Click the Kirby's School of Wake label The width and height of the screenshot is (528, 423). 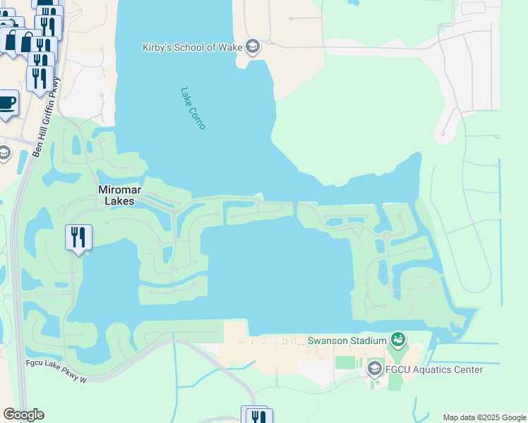(191, 47)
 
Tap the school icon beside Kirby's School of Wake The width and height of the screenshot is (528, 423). (253, 47)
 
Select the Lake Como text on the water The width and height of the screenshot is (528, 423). (193, 108)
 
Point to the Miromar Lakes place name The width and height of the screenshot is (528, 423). (116, 195)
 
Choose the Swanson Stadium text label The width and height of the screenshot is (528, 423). (347, 341)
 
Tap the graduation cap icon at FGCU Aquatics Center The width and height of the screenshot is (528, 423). (374, 369)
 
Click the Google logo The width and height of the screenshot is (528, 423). (23, 415)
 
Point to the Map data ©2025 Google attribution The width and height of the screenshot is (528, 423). (484, 417)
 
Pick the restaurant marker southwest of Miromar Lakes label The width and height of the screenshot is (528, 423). (78, 237)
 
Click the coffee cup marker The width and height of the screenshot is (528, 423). (6, 103)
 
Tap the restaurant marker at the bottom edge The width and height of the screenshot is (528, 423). (255, 416)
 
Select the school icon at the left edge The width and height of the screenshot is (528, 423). (4, 154)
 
